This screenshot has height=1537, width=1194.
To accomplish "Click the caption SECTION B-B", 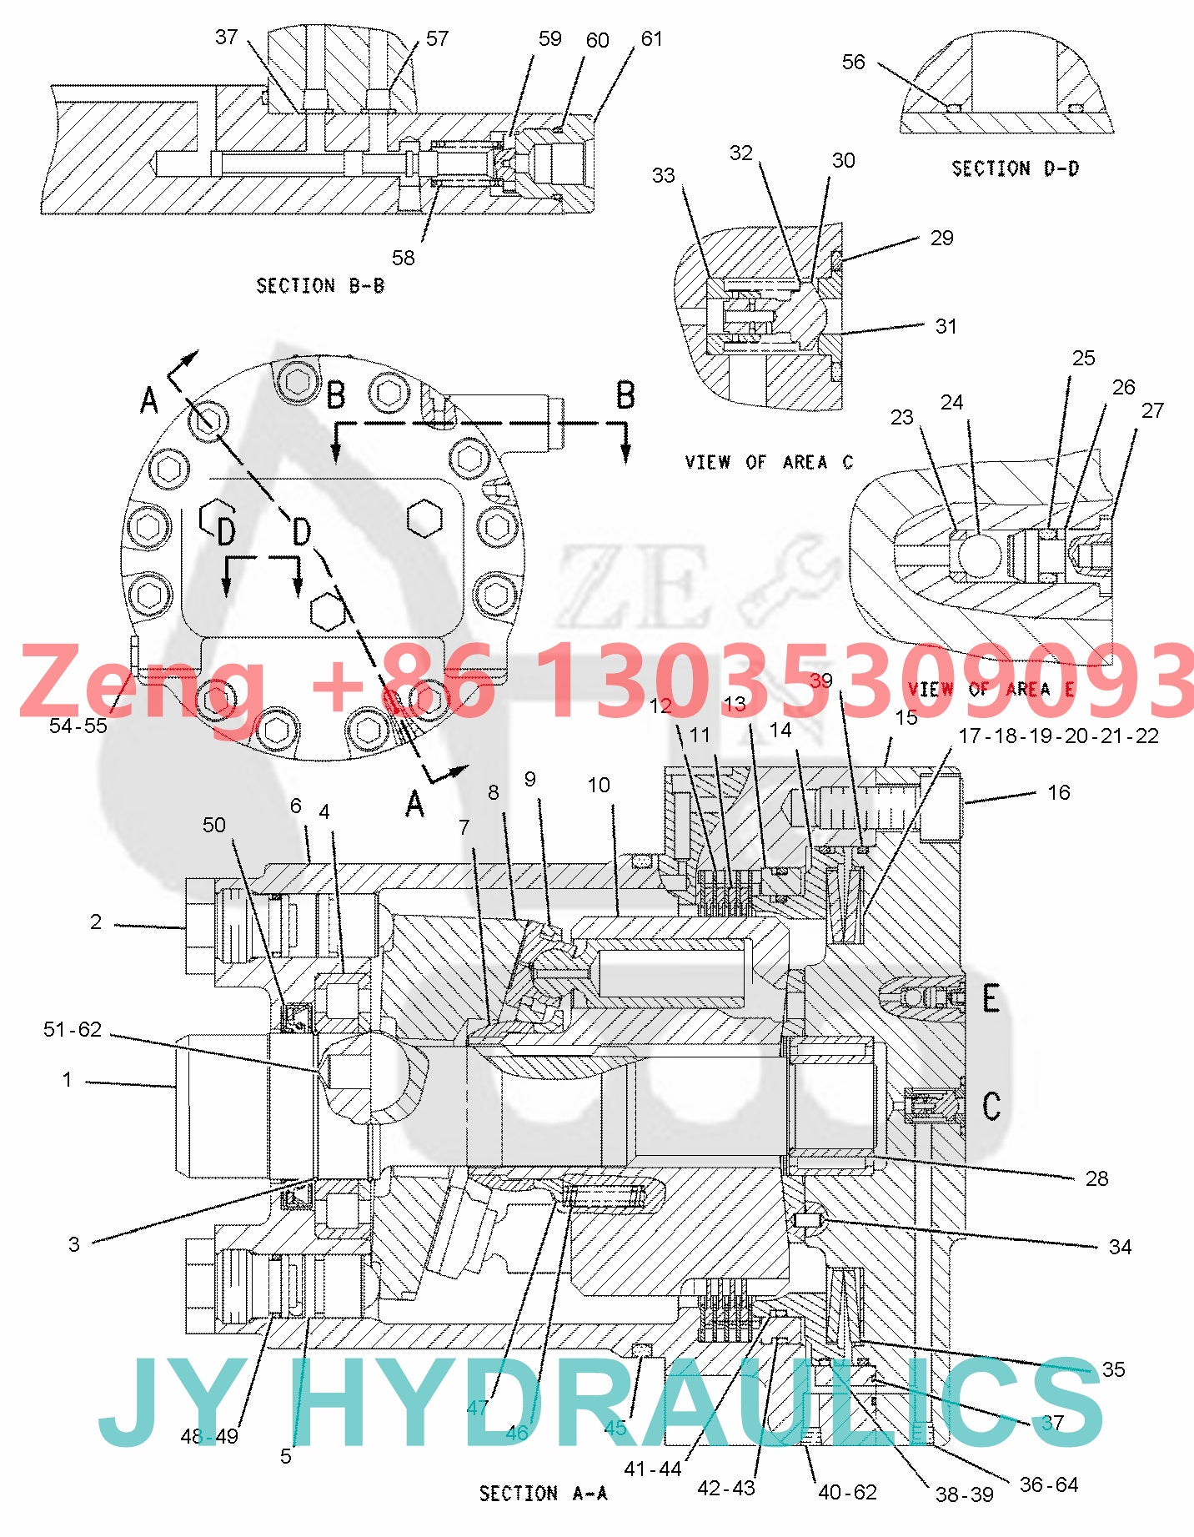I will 320,286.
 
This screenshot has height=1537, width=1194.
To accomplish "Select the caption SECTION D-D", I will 1015,168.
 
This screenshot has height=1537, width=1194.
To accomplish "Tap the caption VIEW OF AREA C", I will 769,462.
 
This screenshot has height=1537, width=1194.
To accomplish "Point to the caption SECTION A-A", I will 543,1493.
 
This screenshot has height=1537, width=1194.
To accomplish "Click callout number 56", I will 853,62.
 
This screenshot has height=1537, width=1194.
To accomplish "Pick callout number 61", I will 651,38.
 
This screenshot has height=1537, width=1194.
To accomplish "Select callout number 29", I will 941,238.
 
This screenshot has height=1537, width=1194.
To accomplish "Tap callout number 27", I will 1152,410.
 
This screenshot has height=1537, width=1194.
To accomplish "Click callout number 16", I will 1058,792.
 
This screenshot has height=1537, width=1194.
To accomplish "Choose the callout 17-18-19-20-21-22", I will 1058,736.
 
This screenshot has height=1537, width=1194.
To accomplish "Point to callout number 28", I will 1096,1178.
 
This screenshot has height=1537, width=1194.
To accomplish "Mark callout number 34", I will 1120,1247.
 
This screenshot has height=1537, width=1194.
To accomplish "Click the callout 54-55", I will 78,726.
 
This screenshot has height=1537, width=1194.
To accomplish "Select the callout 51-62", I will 73,1029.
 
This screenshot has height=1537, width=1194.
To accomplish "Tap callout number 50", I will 214,825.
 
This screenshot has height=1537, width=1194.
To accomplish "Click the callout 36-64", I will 1049,1484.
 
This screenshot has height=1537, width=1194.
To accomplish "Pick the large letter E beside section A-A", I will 991,998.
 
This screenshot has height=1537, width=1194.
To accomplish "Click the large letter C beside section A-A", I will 991,1107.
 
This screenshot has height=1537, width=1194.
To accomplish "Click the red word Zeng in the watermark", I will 142,682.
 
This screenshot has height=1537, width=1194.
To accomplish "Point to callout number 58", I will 403,258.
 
